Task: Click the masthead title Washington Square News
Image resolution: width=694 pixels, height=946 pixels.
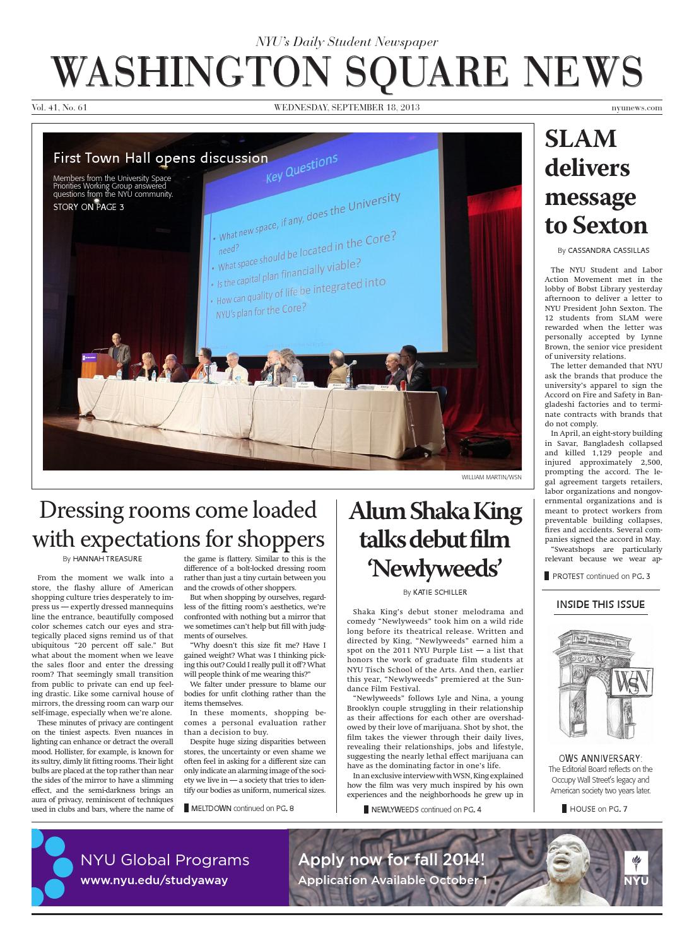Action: (x=346, y=73)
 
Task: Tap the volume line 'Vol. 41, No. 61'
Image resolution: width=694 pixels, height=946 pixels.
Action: (x=59, y=108)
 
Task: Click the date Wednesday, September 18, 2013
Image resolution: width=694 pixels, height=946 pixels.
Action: (x=346, y=108)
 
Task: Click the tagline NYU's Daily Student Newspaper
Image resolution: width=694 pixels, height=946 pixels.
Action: (x=346, y=42)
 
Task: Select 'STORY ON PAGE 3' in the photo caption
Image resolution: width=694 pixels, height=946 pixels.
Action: (x=88, y=207)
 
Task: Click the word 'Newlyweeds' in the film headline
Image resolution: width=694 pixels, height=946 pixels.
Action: (x=435, y=569)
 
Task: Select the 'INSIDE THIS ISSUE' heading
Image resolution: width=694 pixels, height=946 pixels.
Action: (x=600, y=604)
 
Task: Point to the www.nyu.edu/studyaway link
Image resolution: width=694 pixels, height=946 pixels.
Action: (x=154, y=880)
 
